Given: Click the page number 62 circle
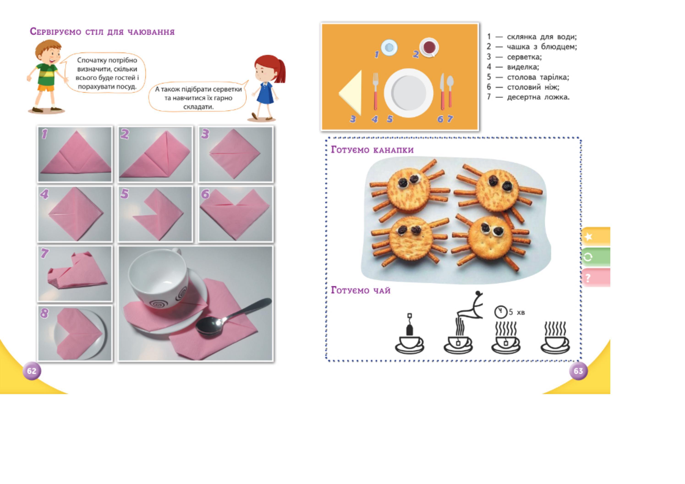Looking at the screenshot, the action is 32,371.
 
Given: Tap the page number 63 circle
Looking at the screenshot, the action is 578,371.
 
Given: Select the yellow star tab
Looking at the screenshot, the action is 595,237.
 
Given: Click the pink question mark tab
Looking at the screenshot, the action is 595,278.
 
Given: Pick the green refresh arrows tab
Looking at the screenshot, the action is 595,257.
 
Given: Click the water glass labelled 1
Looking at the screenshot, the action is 389,47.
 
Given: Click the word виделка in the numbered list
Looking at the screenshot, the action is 523,67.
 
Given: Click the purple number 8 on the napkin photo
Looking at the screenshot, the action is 44,313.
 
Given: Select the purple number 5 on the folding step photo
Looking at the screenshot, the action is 124,194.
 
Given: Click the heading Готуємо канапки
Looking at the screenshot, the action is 372,150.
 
